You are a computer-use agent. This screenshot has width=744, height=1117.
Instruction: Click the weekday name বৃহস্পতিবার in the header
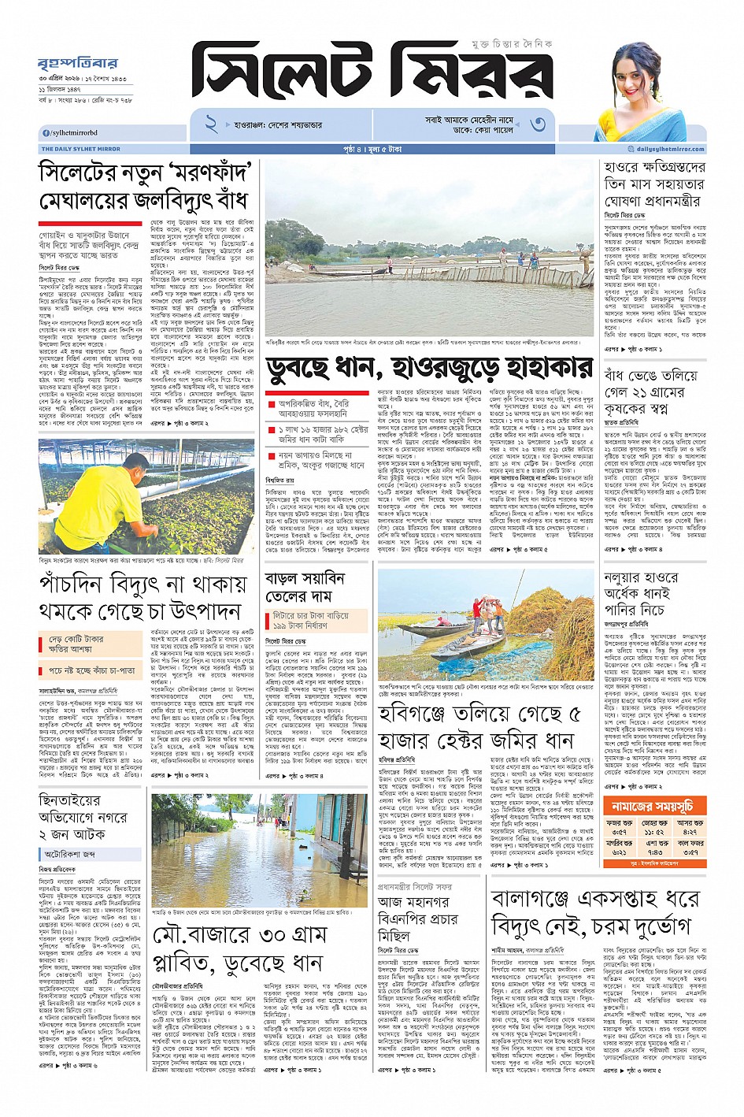pos(77,63)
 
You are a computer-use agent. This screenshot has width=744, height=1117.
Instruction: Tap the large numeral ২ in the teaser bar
pos(211,124)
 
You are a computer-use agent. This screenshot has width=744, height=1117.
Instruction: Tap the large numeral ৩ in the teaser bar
pos(538,124)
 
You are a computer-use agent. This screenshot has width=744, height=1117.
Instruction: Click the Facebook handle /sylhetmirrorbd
pos(71,133)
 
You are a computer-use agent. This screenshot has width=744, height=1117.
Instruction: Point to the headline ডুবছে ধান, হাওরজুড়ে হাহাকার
pos(429,367)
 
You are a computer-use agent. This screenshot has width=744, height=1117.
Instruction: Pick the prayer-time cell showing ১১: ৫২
pos(654,832)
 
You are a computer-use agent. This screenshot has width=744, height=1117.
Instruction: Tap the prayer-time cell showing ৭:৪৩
pos(654,852)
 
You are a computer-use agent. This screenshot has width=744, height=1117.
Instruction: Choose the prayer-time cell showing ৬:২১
pos(620,852)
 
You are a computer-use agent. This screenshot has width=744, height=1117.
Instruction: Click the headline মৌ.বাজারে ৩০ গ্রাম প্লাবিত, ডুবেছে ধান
pos(238,949)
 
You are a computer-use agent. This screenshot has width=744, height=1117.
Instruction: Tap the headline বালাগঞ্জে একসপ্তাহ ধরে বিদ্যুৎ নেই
pos(594,911)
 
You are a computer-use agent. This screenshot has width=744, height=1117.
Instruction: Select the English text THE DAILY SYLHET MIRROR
pos(80,149)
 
